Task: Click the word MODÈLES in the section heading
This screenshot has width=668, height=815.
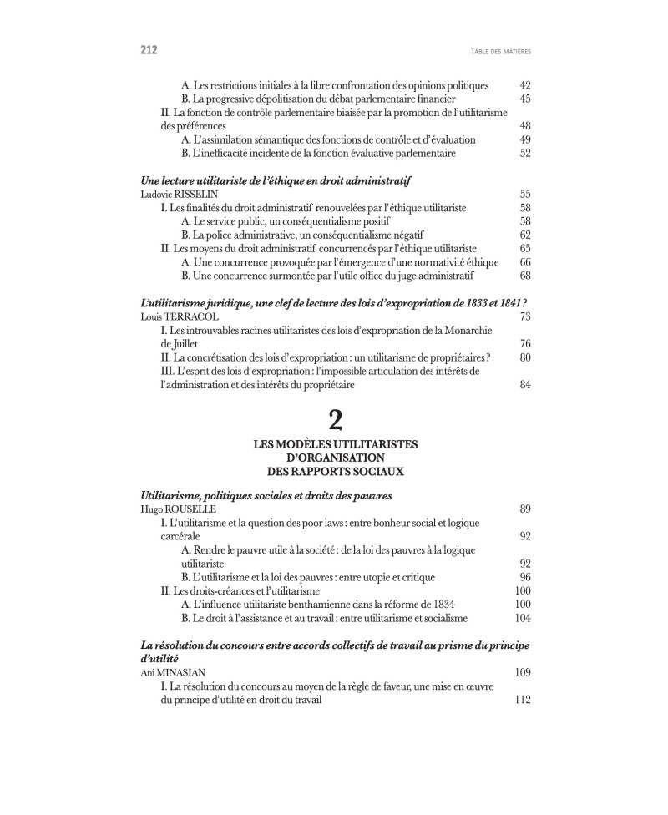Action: [316, 444]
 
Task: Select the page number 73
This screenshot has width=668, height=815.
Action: [525, 317]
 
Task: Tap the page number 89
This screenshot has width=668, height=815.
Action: [525, 509]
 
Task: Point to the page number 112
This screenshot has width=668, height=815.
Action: [523, 701]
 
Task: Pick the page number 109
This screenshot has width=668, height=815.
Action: [523, 672]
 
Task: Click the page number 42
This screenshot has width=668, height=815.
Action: [525, 85]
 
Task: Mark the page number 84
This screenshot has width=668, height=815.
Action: [525, 385]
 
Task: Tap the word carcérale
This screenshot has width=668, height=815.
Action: [180, 536]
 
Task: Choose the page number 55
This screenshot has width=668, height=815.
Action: [525, 194]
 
